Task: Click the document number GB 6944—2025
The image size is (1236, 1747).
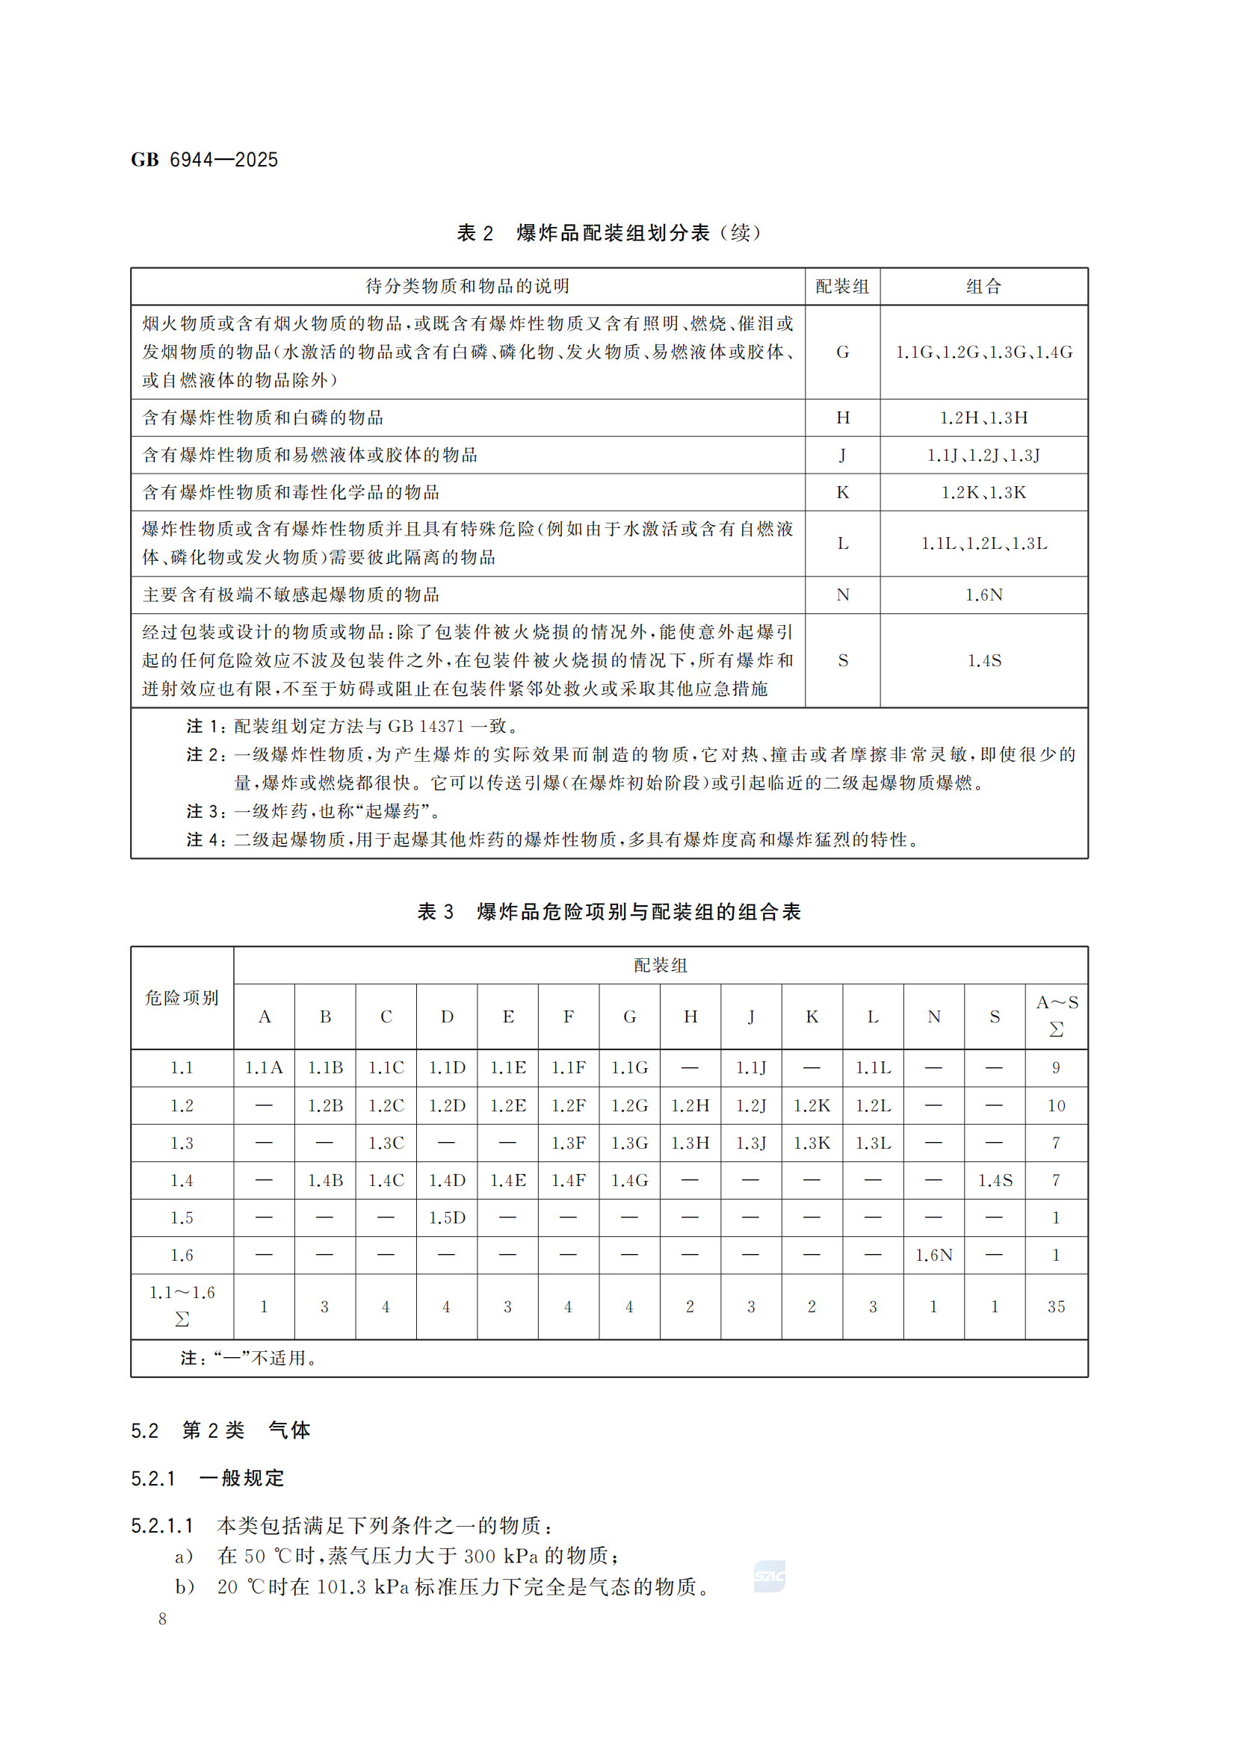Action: pyautogui.click(x=204, y=160)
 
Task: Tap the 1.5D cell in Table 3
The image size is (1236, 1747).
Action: pyautogui.click(x=447, y=1217)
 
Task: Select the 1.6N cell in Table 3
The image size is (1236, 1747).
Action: pyautogui.click(x=934, y=1255)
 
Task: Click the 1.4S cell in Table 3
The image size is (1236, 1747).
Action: pyautogui.click(x=995, y=1180)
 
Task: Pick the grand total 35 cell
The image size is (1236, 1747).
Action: pyautogui.click(x=1056, y=1306)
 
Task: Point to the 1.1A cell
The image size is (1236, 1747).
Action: pyautogui.click(x=264, y=1067)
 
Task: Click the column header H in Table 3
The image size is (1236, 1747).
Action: pyautogui.click(x=690, y=1017)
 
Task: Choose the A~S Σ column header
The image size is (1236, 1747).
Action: pyautogui.click(x=1057, y=1016)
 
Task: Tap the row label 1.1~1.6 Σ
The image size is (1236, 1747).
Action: pyautogui.click(x=182, y=1306)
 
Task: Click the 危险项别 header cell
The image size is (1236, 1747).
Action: pyautogui.click(x=182, y=998)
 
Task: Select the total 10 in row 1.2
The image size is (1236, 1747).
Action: pyautogui.click(x=1056, y=1105)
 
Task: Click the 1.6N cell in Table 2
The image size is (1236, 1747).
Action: pyautogui.click(x=983, y=595)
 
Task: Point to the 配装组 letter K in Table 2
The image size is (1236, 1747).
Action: pyautogui.click(x=842, y=492)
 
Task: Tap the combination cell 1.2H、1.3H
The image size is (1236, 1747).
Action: pyautogui.click(x=983, y=418)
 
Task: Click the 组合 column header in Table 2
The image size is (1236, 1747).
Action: pyautogui.click(x=983, y=287)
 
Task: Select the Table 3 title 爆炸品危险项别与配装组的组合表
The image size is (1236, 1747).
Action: pyautogui.click(x=638, y=911)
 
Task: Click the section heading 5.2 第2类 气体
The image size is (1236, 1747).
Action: pyautogui.click(x=220, y=1430)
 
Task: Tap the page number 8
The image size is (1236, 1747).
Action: pyautogui.click(x=162, y=1619)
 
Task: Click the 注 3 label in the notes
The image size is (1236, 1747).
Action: pyautogui.click(x=205, y=811)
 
